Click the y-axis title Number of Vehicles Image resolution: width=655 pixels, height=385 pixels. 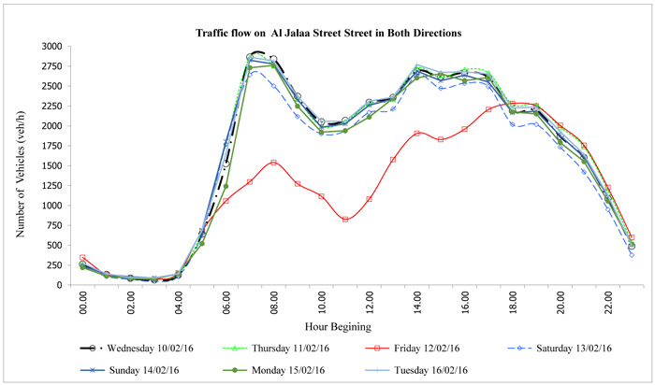coord(16,166)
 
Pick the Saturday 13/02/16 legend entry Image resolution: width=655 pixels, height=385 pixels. coord(570,349)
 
